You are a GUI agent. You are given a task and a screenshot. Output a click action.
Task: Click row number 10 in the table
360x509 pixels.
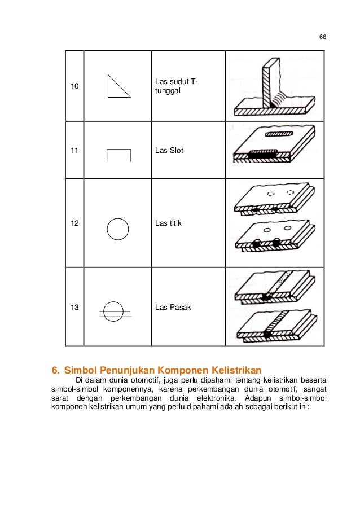74,87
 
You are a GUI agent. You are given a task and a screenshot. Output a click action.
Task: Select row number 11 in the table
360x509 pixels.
74,151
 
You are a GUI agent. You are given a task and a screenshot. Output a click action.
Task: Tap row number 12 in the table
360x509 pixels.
74,223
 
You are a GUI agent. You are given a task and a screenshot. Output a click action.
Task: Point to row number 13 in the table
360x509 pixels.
74,308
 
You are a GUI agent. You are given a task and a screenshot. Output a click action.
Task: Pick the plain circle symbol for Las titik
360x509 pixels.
118,229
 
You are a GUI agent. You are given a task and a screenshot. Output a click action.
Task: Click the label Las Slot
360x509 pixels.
169,151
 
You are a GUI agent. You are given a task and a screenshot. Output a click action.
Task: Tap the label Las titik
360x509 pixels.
168,223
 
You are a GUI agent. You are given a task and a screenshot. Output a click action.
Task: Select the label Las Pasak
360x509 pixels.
173,308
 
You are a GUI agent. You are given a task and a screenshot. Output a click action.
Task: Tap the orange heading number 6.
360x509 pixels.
55,370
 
